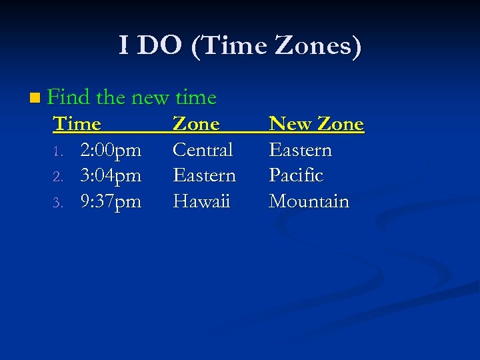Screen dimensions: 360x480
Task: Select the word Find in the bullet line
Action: [69, 97]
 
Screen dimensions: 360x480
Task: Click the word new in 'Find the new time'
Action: [150, 98]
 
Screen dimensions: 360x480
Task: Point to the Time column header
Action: [77, 124]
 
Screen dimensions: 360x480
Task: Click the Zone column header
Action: [196, 124]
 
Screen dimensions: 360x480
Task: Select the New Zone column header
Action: [316, 124]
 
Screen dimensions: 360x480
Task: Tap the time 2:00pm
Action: [111, 150]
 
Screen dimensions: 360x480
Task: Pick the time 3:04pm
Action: [111, 175]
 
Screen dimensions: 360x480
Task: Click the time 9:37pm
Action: [111, 201]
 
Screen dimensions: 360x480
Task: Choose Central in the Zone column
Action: [203, 150]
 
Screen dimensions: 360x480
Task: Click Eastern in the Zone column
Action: [204, 175]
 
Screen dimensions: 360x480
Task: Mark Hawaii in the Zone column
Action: [201, 201]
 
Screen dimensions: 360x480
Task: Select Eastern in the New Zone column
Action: [300, 150]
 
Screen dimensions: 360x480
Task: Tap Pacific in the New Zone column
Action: [296, 175]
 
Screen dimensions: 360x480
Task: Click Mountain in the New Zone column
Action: [309, 201]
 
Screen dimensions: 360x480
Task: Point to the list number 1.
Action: [58, 151]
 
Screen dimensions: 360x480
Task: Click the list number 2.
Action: [58, 177]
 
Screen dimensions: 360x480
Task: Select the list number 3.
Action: [58, 202]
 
